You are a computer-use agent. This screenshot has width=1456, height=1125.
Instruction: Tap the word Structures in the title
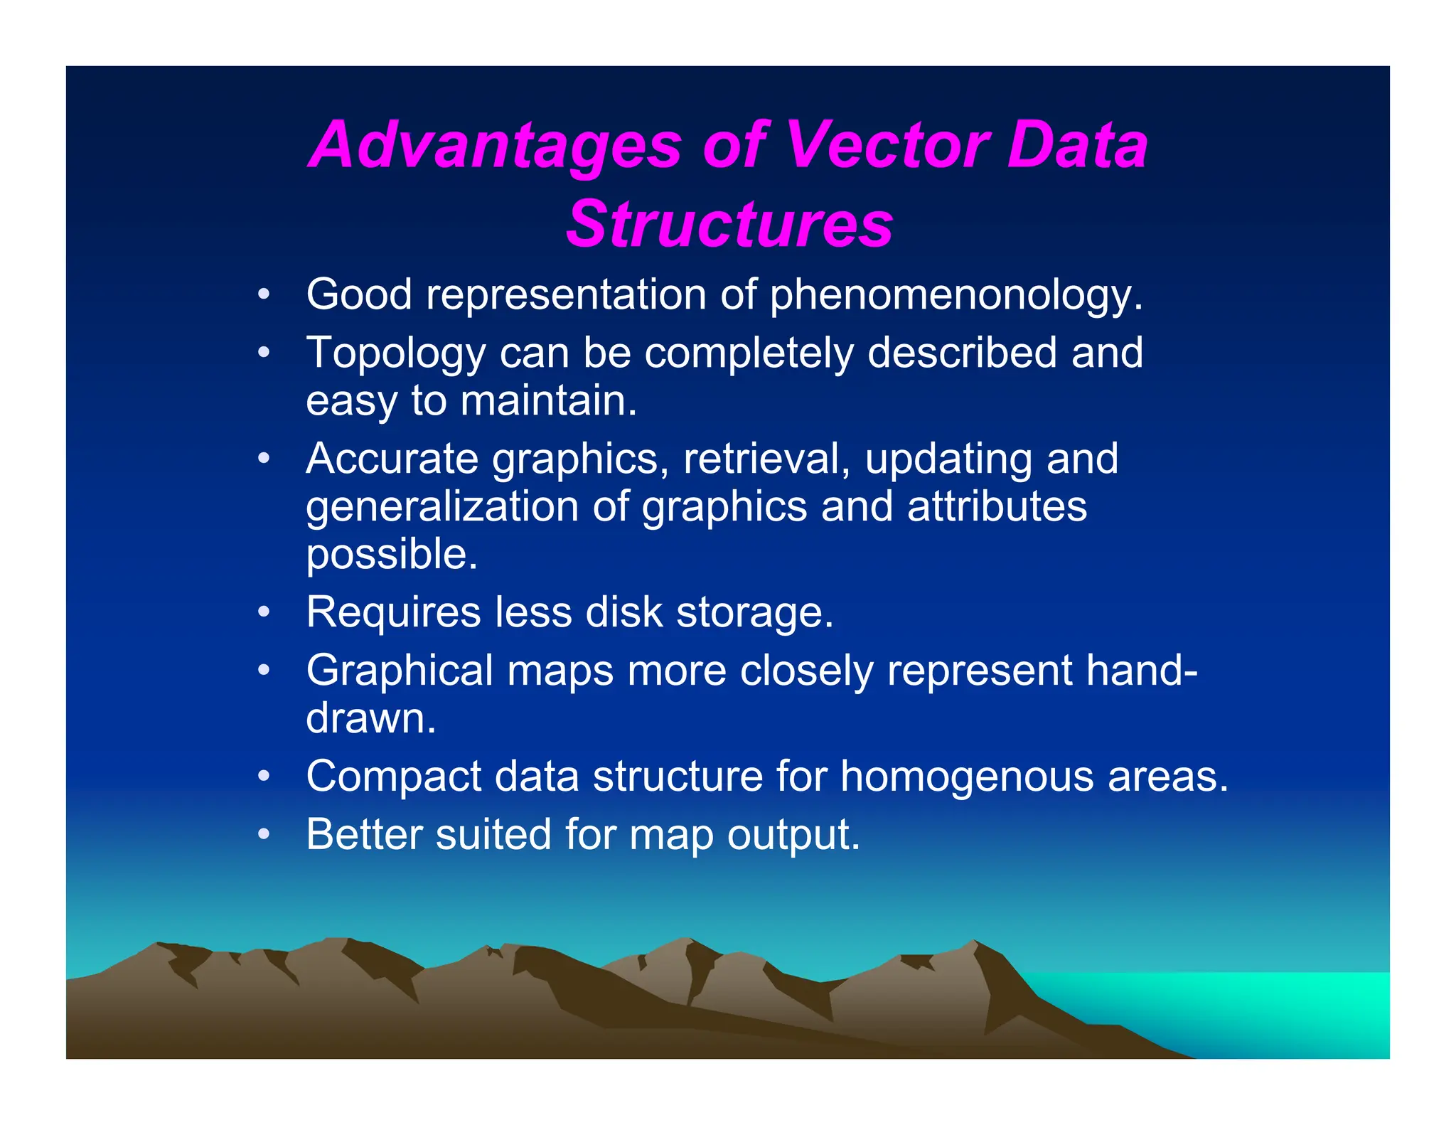[729, 224]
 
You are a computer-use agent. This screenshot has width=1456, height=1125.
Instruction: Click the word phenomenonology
[955, 294]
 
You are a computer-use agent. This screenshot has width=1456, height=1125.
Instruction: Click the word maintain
[548, 400]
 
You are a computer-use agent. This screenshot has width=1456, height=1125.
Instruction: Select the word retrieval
[766, 459]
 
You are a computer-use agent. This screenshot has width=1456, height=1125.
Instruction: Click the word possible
[392, 555]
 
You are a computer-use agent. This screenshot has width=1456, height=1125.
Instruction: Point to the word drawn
[370, 718]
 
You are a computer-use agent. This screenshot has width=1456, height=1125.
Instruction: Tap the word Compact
[393, 776]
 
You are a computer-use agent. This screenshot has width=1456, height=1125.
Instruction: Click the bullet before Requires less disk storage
[264, 612]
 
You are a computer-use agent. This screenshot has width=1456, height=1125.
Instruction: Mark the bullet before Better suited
[264, 834]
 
